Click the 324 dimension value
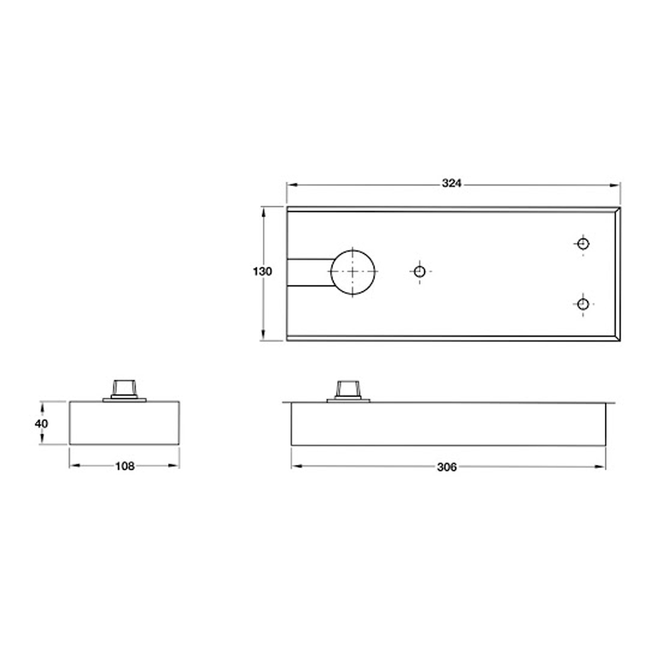(x=452, y=184)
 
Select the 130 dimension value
(x=262, y=272)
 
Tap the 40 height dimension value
(x=41, y=423)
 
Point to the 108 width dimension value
(x=125, y=466)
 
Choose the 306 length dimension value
(x=448, y=467)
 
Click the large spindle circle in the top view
(x=353, y=272)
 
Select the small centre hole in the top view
(x=419, y=272)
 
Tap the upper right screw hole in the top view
(x=582, y=244)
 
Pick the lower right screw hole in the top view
(x=582, y=304)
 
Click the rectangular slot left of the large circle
(x=309, y=272)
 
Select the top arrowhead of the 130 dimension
(x=264, y=210)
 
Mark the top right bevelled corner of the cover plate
(x=618, y=209)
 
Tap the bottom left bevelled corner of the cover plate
(x=289, y=339)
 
